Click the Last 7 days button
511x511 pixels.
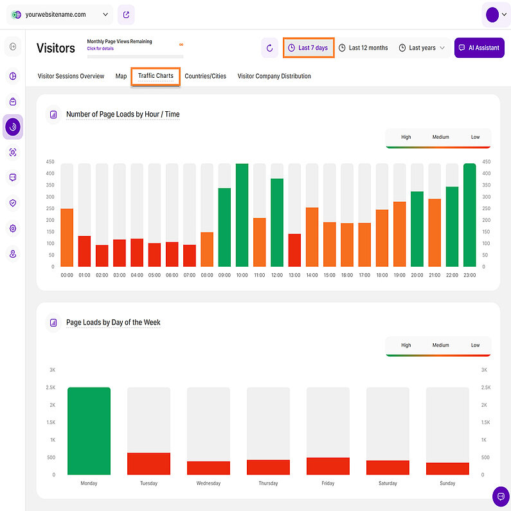pos(309,48)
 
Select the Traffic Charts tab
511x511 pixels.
pos(156,76)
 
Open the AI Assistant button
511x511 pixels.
pos(479,48)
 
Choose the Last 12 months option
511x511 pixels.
pos(363,48)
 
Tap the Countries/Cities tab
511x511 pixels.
pos(206,76)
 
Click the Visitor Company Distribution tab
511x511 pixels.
pos(274,76)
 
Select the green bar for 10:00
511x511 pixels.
pos(242,215)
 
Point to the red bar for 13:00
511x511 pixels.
pos(294,250)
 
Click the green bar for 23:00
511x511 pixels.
pos(469,215)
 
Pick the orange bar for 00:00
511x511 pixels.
pos(67,238)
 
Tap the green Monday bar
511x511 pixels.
pos(89,431)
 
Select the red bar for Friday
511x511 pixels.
pos(328,466)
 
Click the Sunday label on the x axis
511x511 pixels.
pos(447,483)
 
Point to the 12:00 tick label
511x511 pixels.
pos(277,274)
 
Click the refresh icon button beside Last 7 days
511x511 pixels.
pos(270,48)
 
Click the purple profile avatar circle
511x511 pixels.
pos(492,14)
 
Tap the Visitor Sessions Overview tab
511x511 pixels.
pos(71,76)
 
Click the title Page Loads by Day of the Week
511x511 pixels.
pos(113,322)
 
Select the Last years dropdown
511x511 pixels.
pos(422,48)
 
